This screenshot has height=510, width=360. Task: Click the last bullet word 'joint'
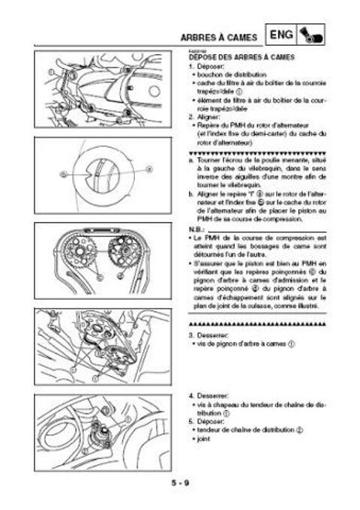[202, 439]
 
